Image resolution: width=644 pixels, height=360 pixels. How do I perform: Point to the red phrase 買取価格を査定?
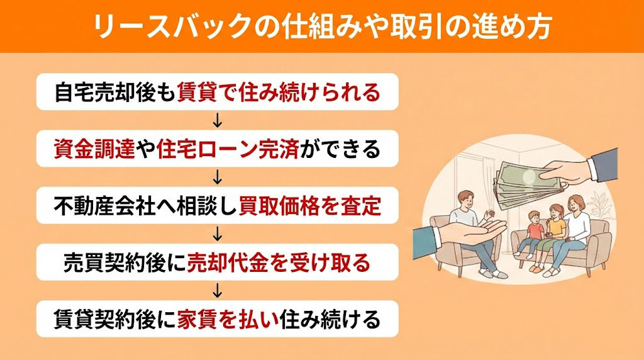[310, 206]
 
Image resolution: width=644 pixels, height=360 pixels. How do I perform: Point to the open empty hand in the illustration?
[459, 233]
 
